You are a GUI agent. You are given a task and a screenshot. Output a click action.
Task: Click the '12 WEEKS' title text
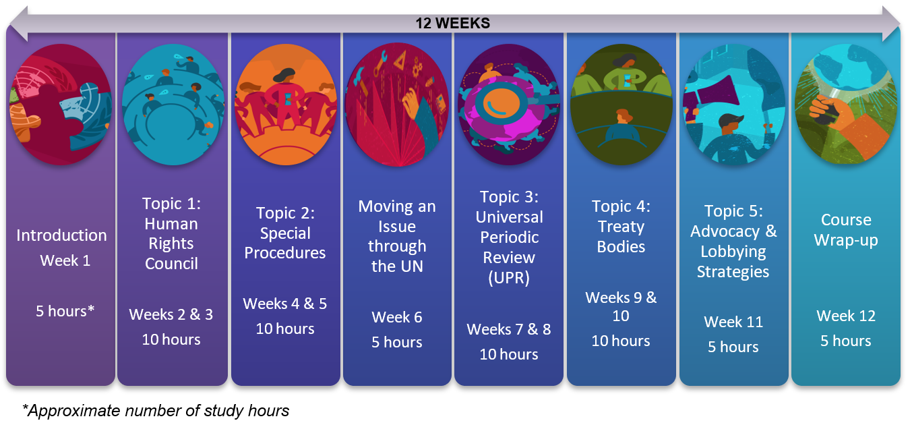point(452,23)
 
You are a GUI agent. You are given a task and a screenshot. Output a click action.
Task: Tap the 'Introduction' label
point(61,235)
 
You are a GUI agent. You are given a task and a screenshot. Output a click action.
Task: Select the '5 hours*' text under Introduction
point(65,311)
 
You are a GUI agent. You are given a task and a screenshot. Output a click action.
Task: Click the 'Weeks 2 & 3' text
point(171,314)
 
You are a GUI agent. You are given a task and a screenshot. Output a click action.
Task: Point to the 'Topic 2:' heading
point(285,213)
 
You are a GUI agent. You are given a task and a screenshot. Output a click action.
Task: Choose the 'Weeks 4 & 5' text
point(284,304)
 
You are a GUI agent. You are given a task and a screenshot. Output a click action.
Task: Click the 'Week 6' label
point(397,317)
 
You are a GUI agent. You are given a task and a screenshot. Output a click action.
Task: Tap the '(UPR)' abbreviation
point(509,278)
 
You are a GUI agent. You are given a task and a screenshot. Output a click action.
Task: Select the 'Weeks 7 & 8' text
point(509,329)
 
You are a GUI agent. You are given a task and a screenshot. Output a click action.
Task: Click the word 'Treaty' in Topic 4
point(621,227)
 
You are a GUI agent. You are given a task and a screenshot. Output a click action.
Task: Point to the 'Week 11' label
point(733,322)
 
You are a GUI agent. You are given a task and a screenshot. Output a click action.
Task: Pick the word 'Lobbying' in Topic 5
point(733,252)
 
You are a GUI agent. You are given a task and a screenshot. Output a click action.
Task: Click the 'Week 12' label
point(846,316)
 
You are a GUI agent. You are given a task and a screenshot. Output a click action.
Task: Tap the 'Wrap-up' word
point(846,240)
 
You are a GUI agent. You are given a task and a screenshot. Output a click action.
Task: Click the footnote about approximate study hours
point(156,411)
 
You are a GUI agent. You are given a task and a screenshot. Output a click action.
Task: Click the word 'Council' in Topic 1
point(171,264)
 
